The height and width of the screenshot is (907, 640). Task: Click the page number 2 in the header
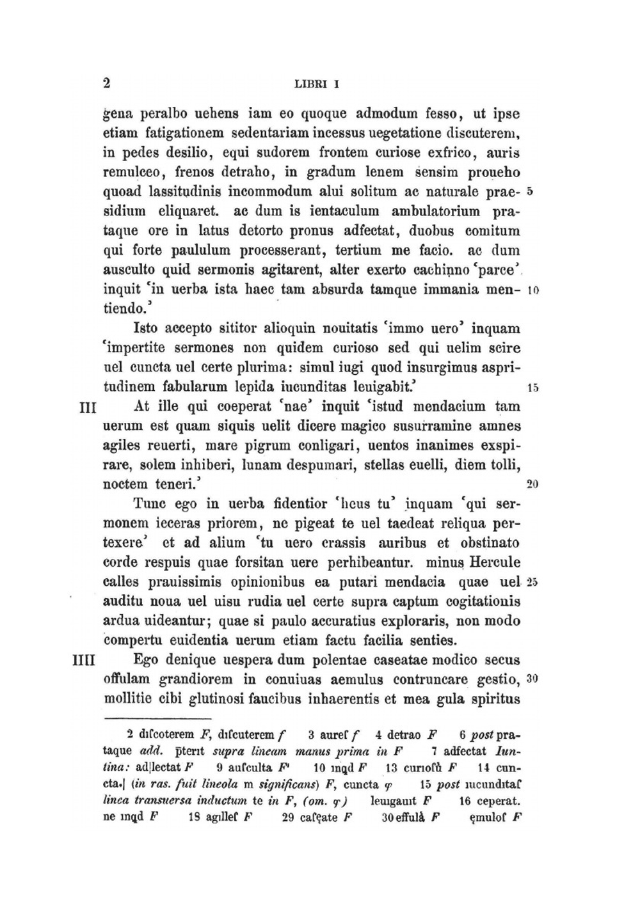107,83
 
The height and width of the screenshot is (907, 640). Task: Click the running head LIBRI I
316,84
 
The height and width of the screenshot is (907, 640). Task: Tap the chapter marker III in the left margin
86,407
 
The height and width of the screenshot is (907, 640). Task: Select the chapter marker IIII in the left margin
84,660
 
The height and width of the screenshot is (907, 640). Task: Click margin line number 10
532,290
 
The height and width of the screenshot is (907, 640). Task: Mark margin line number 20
532,484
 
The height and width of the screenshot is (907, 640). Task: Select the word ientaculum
335,212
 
